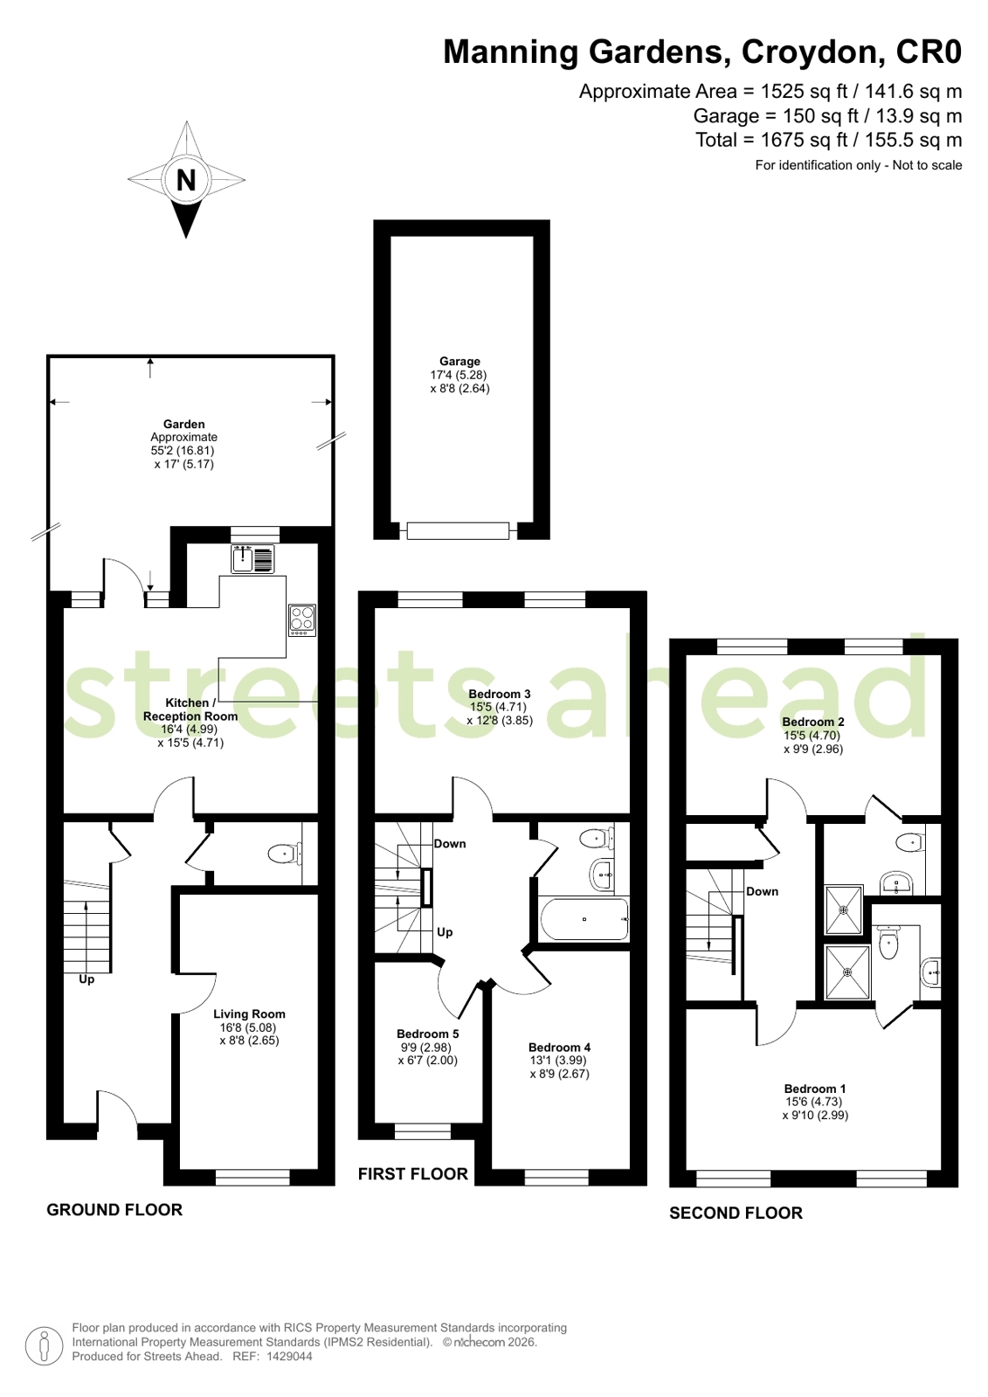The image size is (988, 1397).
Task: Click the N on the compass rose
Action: pos(186,180)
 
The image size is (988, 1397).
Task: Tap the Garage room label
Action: pos(459,361)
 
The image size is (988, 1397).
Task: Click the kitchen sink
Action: pos(252,558)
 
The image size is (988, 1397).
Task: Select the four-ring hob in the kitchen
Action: pos(302,620)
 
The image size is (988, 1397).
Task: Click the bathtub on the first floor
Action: pos(584,919)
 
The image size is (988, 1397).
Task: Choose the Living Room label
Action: pos(249,1014)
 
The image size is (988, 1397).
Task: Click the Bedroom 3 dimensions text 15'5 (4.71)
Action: pos(498,707)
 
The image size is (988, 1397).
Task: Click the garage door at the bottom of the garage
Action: pos(458,530)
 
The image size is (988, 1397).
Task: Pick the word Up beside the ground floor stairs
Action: pos(86,979)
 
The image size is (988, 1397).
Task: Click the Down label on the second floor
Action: pos(763,891)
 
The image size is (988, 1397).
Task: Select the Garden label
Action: pos(184,424)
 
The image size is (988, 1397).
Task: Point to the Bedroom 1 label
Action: pos(815,1089)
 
